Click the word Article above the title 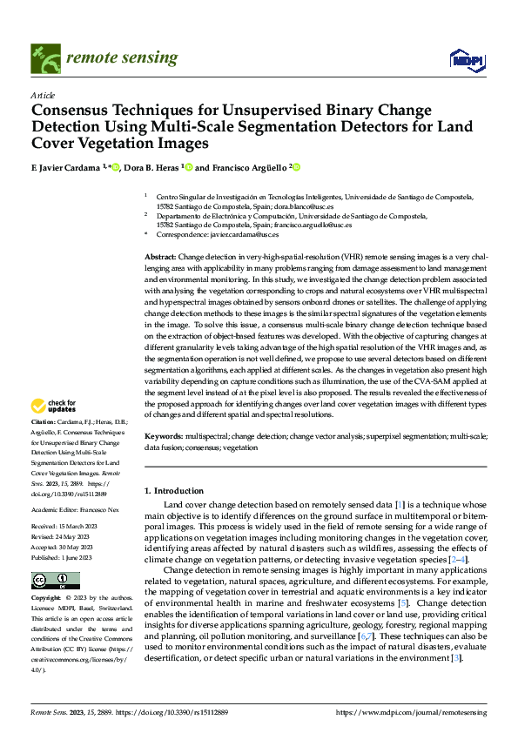pos(42,95)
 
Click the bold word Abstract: pos(160,259)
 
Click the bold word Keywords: pos(164,435)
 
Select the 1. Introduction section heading pos(174,491)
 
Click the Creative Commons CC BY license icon pos(55,580)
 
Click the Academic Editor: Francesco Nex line pos(80,509)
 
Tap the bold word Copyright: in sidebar pos(48,599)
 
